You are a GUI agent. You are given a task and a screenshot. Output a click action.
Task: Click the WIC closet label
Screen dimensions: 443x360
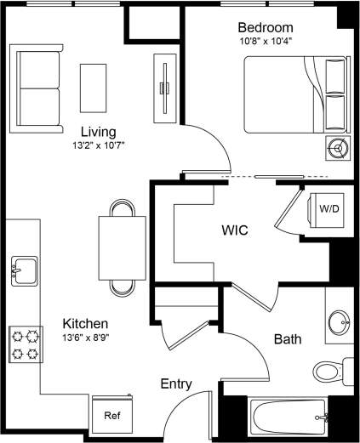coord(234,230)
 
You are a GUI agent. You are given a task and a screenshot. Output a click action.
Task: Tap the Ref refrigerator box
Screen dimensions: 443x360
coord(111,416)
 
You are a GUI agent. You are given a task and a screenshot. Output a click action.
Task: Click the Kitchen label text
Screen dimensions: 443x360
coord(85,324)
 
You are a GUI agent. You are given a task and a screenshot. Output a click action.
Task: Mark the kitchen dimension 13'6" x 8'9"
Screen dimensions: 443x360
coord(85,337)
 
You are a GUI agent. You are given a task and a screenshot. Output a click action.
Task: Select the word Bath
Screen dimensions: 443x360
coord(287,339)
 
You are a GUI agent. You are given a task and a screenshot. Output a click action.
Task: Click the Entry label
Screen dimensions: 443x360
coord(176,384)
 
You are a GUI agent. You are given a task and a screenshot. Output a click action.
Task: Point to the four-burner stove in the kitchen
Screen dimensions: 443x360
coord(25,344)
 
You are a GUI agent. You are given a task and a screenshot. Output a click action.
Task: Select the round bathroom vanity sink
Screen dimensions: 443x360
coord(339,321)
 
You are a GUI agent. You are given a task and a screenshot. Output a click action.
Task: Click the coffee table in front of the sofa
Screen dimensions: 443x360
coord(93,87)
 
